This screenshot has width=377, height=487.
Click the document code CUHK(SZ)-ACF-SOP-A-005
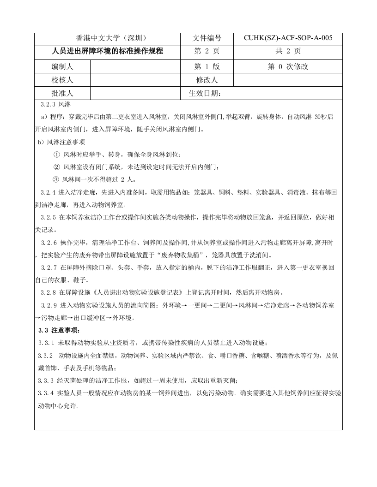coord(288,38)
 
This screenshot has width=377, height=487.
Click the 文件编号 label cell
coord(207,38)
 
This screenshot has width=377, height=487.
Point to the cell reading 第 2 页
coord(207,51)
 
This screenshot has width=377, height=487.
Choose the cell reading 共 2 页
coord(288,51)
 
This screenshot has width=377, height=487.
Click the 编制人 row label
coord(62,67)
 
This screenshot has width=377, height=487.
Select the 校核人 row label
coord(62,80)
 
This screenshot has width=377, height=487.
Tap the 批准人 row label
coord(62,94)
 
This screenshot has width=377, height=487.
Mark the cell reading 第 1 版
coord(207,67)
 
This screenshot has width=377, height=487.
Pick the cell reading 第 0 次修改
coord(288,67)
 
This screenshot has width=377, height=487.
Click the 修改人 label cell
coord(207,80)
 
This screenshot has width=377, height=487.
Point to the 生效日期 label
coord(205,94)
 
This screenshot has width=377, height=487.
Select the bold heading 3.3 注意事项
coord(59,330)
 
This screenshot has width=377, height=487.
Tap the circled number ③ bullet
coord(57,179)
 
